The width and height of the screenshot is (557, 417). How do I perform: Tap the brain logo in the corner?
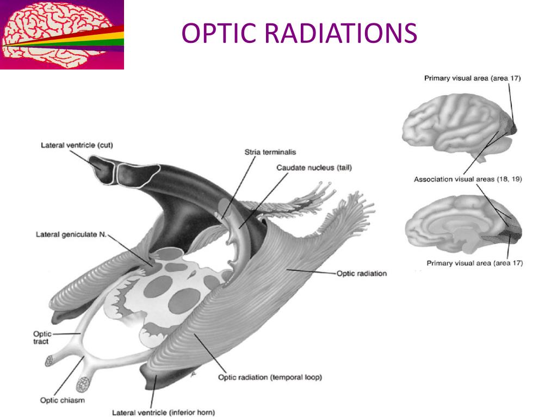(61, 35)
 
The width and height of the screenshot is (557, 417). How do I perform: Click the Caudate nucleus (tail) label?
(314, 168)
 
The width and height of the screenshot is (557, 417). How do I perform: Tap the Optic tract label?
(41, 338)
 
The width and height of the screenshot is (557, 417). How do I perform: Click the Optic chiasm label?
(62, 401)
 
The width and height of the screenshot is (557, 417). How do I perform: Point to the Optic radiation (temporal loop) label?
(270, 377)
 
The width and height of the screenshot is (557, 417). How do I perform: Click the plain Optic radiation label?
(362, 273)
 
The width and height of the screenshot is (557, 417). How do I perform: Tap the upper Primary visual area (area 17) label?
(473, 78)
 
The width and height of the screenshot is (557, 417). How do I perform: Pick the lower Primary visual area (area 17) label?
(474, 263)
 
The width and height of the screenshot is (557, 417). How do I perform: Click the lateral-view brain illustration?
(457, 125)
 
